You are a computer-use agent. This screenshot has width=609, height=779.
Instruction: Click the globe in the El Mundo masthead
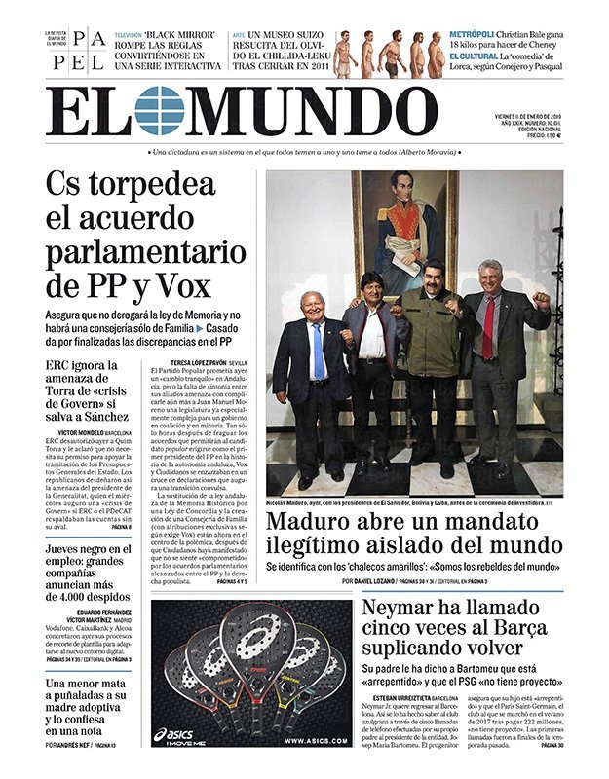click(x=159, y=110)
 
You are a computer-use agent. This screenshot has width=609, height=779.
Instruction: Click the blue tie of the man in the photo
click(x=319, y=352)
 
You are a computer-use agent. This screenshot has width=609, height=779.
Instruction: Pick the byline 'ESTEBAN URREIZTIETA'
click(x=396, y=697)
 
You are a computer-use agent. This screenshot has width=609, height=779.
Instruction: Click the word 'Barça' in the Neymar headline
click(x=488, y=628)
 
